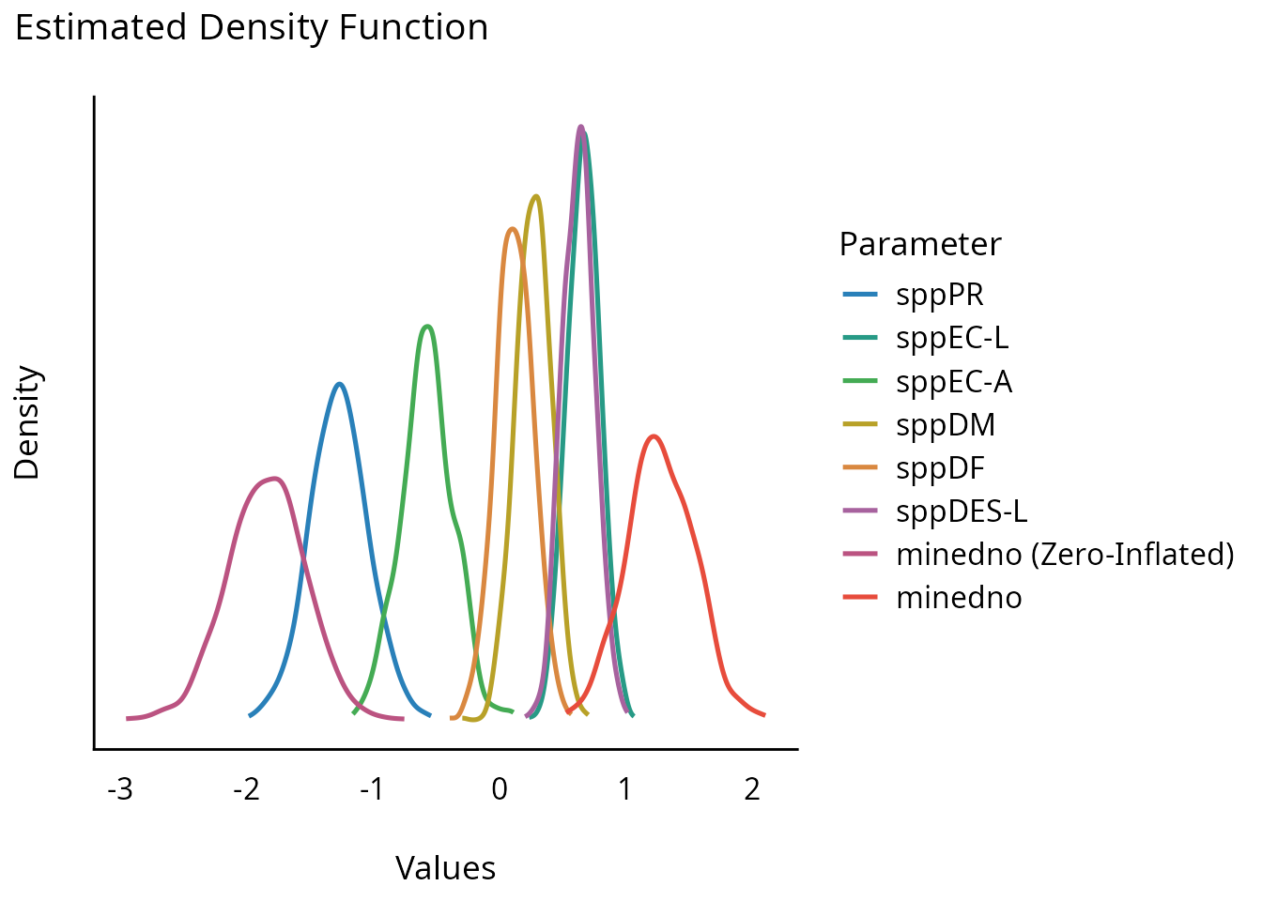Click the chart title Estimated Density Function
click(252, 28)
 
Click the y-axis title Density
click(28, 422)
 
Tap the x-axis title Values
click(445, 868)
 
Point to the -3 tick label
click(120, 790)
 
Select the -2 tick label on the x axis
click(246, 790)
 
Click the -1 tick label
click(372, 790)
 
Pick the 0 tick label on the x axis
click(499, 790)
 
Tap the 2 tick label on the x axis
click(751, 790)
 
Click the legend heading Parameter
click(919, 244)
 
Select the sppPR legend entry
click(940, 295)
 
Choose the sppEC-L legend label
click(952, 338)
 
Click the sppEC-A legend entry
click(954, 381)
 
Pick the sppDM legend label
click(946, 424)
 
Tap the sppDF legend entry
click(940, 467)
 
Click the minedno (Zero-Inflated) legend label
click(1065, 554)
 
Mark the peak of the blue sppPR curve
click(339, 383)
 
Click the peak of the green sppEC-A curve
click(428, 326)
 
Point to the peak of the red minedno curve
click(654, 435)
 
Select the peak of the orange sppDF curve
click(512, 228)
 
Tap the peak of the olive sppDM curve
click(535, 195)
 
